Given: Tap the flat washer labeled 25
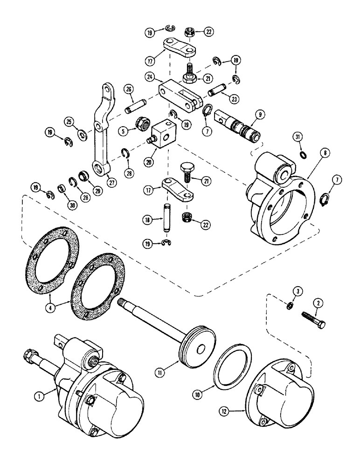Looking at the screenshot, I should tap(83, 135).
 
